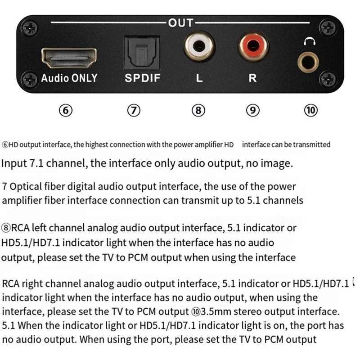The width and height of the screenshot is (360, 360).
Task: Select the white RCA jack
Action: pos(199,45)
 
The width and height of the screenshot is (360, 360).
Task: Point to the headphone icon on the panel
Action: pos(309,41)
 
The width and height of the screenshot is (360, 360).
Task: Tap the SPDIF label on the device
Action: pos(142,78)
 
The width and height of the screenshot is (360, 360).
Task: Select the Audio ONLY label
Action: pos(69,78)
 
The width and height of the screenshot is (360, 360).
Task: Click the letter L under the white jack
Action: pos(199,78)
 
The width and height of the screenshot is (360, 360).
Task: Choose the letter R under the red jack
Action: pos(253,78)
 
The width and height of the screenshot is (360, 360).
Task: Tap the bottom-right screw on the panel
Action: pos(332,79)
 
